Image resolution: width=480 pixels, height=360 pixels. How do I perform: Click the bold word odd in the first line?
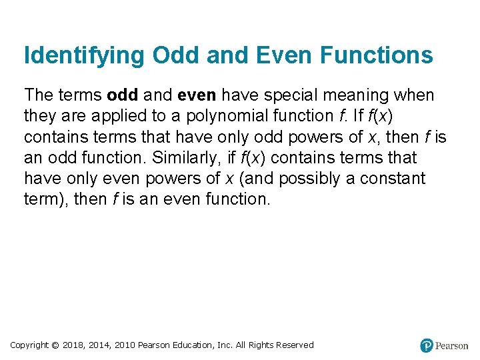click(x=122, y=95)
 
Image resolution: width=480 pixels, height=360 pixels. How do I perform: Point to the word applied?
click(x=124, y=116)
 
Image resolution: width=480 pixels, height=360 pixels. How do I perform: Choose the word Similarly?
click(x=186, y=158)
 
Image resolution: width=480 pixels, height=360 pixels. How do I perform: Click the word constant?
click(x=399, y=179)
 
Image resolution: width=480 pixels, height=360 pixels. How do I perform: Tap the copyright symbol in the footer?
click(x=55, y=345)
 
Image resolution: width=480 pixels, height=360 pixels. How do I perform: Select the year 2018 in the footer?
click(x=73, y=345)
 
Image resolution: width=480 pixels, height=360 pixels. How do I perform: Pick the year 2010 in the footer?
click(x=125, y=345)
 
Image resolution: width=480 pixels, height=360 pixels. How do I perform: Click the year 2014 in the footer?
click(x=99, y=345)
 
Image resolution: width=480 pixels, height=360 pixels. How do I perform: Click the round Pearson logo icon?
click(x=427, y=345)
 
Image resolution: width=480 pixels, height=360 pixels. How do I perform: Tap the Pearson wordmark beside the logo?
click(x=452, y=346)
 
